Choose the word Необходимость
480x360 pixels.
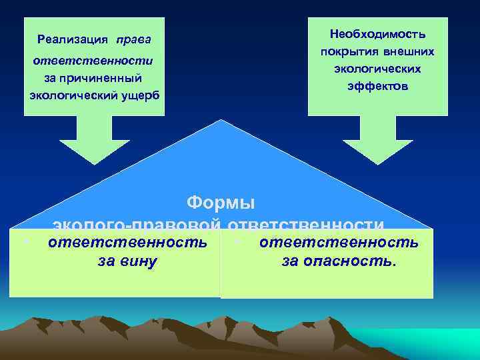pos(377,34)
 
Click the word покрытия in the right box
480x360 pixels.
pos(346,51)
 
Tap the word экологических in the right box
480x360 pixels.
pos(377,69)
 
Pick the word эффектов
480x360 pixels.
pos(377,86)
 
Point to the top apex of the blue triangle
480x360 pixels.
pos(219,121)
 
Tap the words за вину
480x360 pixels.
pos(127,261)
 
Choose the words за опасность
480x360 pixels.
pos(339,261)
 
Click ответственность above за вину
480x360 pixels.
pos(127,243)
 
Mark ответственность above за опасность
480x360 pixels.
pos(339,243)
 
